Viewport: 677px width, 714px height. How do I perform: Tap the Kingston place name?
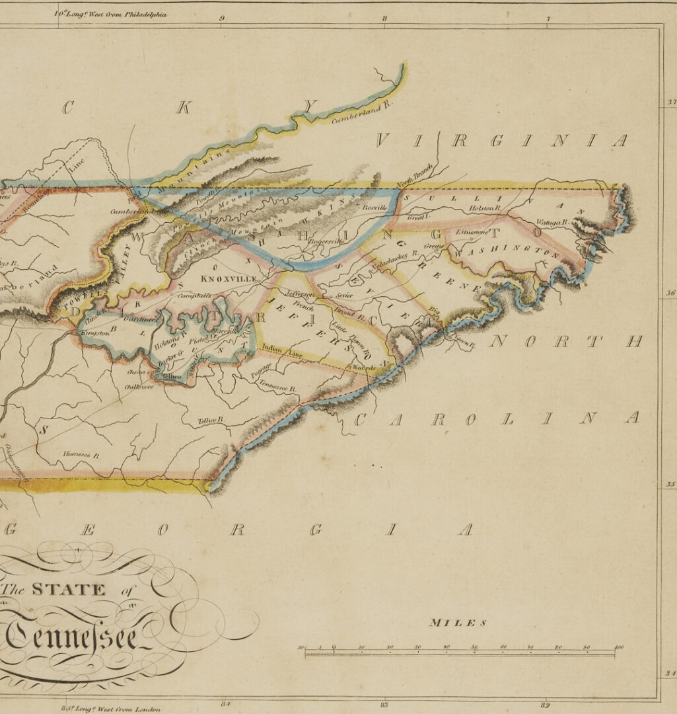(96, 333)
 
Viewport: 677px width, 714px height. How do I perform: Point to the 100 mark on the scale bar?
(618, 647)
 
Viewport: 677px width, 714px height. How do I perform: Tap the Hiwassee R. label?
(81, 455)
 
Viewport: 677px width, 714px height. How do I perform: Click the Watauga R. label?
(552, 223)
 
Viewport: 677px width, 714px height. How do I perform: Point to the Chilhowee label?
(139, 387)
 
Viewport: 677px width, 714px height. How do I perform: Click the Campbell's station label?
(194, 296)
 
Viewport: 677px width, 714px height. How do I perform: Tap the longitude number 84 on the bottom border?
(226, 703)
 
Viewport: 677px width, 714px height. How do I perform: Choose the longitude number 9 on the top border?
(222, 19)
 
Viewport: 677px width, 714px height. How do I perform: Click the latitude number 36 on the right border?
(670, 294)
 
